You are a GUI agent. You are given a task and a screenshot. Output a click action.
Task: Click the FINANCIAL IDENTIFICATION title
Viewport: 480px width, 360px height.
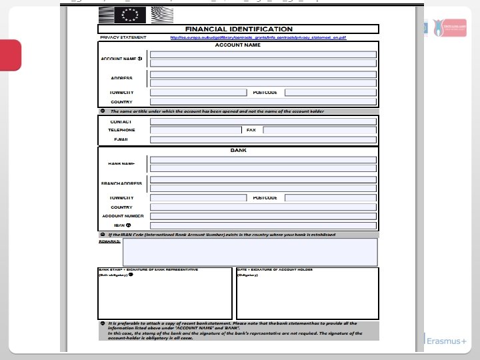[x=238, y=29]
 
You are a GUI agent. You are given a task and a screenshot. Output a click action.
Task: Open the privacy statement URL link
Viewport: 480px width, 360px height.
[x=258, y=38]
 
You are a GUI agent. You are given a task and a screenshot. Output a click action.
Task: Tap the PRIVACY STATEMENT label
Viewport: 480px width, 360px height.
[x=123, y=38]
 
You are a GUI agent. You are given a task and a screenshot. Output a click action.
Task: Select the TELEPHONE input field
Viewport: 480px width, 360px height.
[x=195, y=131]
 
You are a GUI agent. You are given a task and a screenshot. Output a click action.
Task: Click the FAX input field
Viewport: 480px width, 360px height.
[x=320, y=131]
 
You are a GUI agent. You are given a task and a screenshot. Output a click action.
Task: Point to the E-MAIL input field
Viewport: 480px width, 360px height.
[x=263, y=140]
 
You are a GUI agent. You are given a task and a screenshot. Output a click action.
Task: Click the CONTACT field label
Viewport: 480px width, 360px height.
[x=121, y=122]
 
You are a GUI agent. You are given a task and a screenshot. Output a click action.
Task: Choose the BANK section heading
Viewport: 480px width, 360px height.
[x=238, y=151]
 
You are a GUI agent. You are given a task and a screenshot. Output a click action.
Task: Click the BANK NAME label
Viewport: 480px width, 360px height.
[x=121, y=163]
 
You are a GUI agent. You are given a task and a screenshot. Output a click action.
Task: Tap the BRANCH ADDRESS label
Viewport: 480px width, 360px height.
[x=121, y=183]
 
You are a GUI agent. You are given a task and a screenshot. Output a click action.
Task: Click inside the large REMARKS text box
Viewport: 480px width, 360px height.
[x=250, y=252]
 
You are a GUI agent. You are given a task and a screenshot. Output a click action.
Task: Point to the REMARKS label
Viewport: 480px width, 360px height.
[x=109, y=241]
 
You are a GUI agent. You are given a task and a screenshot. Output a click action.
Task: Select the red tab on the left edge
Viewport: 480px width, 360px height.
[x=11, y=55]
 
